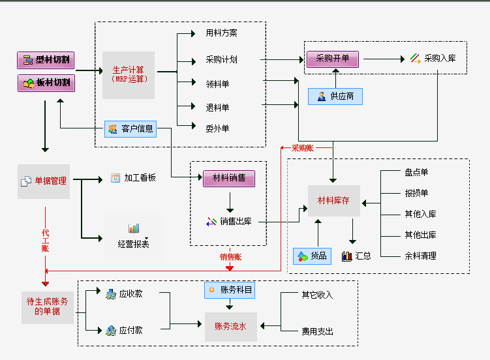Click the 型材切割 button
(46, 61)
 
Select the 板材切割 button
(46, 83)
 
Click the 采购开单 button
(333, 59)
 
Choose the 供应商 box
(335, 97)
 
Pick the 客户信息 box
(130, 129)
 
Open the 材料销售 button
(228, 178)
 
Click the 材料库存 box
(333, 201)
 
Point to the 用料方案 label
(221, 33)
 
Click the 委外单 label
(217, 128)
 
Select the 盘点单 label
(416, 172)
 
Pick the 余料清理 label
(420, 256)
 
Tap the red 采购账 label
(302, 148)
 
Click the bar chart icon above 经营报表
(134, 228)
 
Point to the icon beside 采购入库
(415, 59)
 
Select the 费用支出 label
(317, 331)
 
